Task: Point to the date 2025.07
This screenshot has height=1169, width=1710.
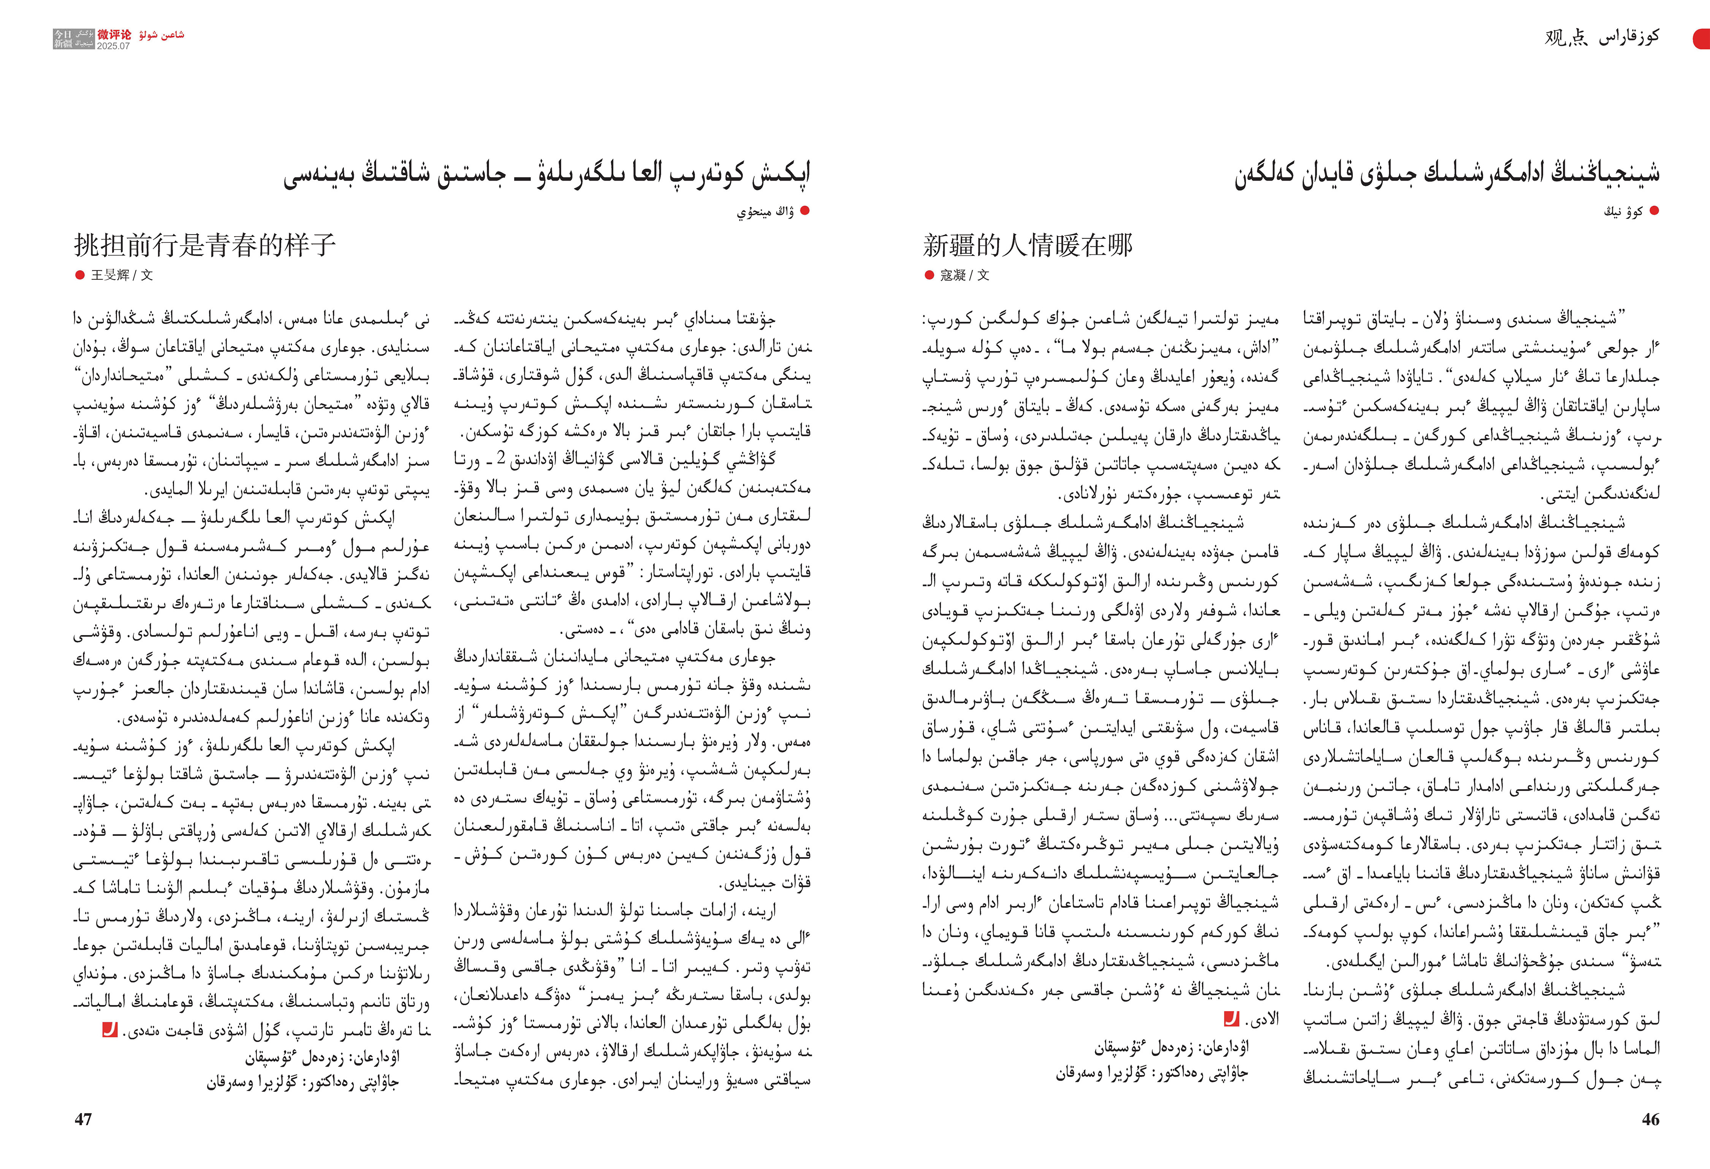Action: [113, 46]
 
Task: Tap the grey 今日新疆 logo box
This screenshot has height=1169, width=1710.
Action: [74, 39]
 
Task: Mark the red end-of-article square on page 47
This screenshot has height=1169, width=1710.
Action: [110, 1030]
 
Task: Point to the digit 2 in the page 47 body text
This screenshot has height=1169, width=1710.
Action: [500, 458]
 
